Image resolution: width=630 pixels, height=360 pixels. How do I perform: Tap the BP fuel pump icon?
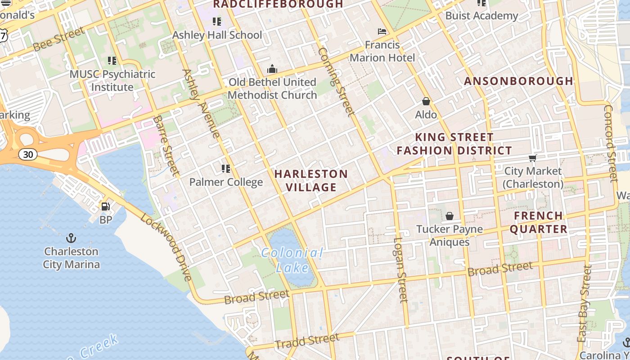tap(106, 207)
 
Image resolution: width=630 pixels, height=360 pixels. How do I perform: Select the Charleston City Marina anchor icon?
tap(71, 238)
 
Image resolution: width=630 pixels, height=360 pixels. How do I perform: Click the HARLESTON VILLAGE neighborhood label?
tap(311, 180)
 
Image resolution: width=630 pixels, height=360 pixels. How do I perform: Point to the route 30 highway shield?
tap(28, 154)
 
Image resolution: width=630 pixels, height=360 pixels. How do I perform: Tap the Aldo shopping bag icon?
tap(426, 102)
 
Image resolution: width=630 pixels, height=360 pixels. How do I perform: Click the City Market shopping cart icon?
tap(533, 158)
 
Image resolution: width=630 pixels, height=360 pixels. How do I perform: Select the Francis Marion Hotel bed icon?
tap(382, 31)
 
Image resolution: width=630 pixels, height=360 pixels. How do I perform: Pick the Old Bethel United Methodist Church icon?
tap(272, 69)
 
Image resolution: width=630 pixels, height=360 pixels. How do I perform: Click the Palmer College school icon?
tap(226, 169)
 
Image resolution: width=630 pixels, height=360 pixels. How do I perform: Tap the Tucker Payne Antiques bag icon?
tap(449, 216)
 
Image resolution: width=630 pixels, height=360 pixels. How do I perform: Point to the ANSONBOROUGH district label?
tap(518, 81)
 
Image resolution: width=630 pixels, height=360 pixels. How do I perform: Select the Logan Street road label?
tap(400, 269)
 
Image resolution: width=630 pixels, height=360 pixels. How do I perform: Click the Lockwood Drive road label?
tap(166, 247)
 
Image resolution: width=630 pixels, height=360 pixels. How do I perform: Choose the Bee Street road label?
tap(58, 39)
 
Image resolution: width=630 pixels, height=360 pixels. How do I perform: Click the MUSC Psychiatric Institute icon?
tap(112, 61)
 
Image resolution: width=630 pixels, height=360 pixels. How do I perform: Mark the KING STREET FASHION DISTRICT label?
tap(454, 144)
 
